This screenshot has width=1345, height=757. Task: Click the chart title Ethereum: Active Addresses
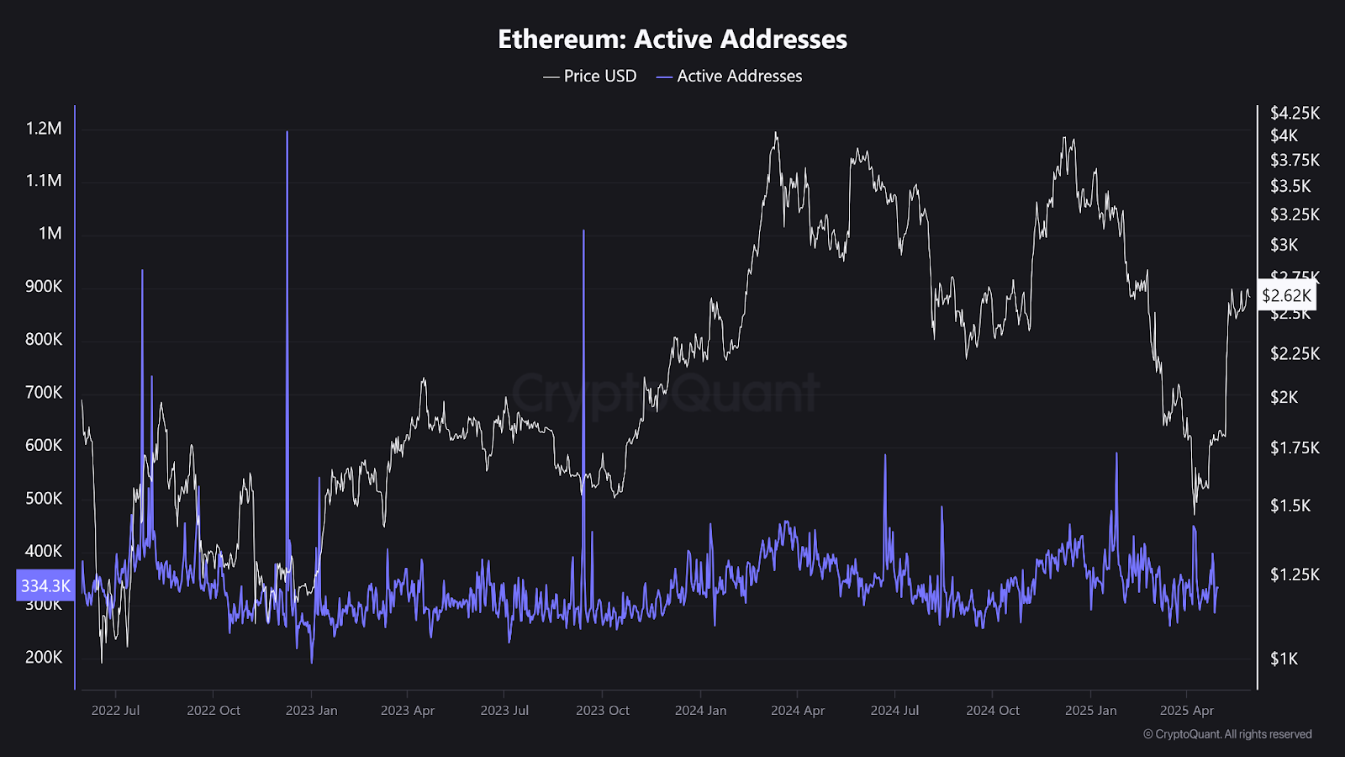click(x=672, y=39)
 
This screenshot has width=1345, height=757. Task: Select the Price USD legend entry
click(x=590, y=76)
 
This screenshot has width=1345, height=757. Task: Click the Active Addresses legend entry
click(x=730, y=76)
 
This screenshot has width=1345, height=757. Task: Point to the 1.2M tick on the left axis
click(x=44, y=129)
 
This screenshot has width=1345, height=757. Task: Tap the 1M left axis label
click(x=50, y=233)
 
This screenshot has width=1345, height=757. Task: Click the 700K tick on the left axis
click(x=44, y=392)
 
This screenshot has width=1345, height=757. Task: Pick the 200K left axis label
click(x=44, y=657)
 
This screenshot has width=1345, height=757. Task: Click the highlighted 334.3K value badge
click(x=45, y=585)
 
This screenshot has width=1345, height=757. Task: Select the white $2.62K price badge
click(x=1286, y=295)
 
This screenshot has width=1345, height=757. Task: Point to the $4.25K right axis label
click(x=1295, y=113)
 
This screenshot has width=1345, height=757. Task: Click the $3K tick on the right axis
click(x=1284, y=245)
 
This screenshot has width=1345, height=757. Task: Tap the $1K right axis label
click(x=1284, y=659)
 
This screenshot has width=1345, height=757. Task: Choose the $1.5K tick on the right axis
click(x=1290, y=506)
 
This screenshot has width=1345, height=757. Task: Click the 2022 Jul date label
click(x=115, y=711)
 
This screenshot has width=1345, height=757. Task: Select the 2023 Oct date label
click(x=603, y=711)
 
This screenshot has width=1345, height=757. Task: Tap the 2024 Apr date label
click(x=798, y=711)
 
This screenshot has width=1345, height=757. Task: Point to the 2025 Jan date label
click(x=1090, y=711)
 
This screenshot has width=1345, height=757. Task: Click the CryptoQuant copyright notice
click(x=1227, y=734)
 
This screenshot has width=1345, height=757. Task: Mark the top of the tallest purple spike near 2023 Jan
click(x=287, y=132)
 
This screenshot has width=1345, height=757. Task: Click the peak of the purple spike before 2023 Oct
click(x=583, y=230)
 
